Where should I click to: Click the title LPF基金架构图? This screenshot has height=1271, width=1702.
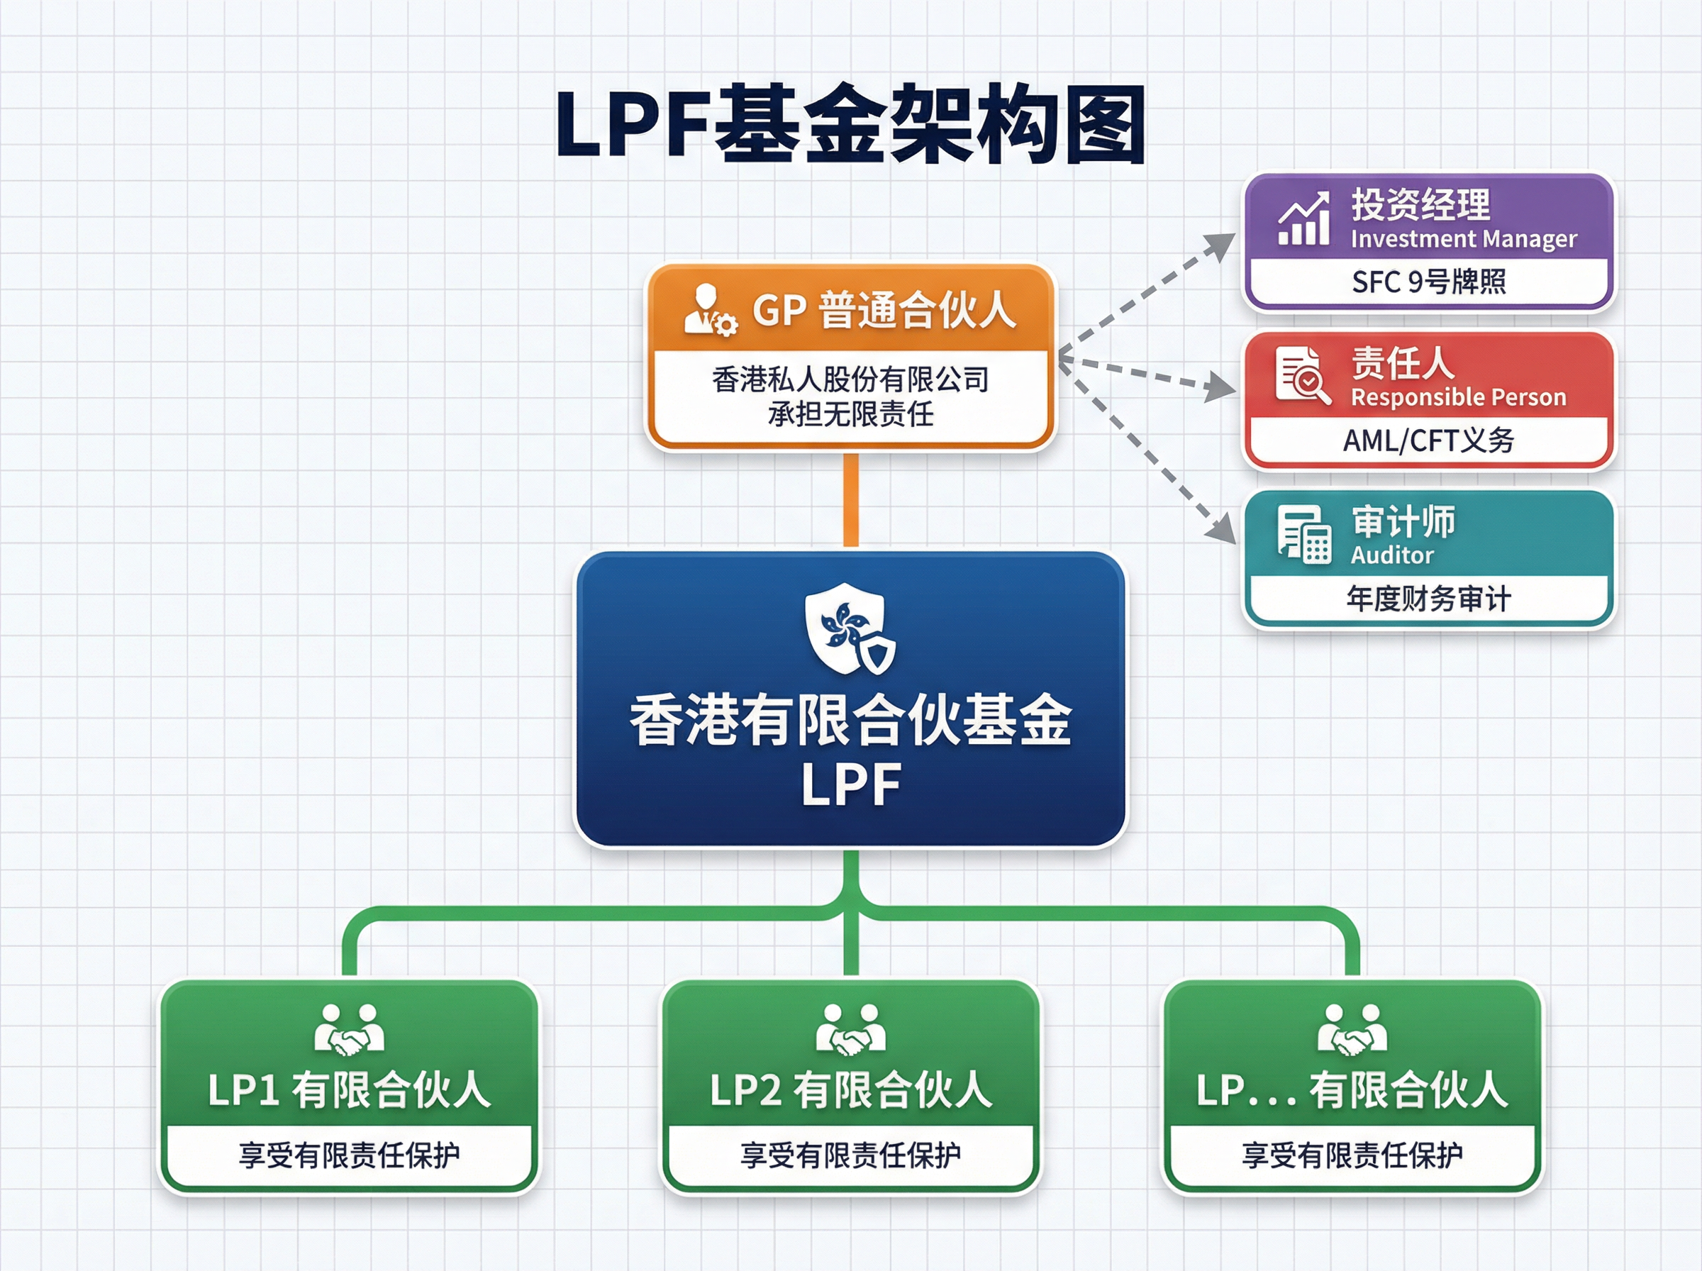pos(850,125)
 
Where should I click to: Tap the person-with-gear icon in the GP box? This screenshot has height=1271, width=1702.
pos(709,310)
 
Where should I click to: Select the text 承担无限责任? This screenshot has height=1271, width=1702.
pos(850,415)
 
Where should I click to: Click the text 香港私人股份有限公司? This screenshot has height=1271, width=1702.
pos(850,379)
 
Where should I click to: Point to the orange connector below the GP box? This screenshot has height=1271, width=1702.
pos(850,500)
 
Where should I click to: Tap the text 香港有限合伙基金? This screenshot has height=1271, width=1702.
pos(850,720)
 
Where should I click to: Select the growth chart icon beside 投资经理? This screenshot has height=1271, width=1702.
pos(1304,219)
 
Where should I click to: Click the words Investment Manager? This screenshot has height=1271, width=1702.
pos(1464,239)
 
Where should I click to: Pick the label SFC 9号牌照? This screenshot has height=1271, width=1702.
pos(1429,282)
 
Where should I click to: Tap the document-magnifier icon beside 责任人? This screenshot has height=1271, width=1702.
pos(1302,375)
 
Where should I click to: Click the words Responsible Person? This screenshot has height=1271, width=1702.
pos(1458,397)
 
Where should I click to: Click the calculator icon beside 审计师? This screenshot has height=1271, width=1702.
pos(1303,535)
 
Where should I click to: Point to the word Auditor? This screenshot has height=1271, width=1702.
pos(1392,555)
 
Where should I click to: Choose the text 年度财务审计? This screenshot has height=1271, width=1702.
pos(1428,599)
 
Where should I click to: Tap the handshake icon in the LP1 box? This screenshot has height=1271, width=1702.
pos(349,1029)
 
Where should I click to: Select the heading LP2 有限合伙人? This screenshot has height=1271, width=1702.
pos(850,1090)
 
